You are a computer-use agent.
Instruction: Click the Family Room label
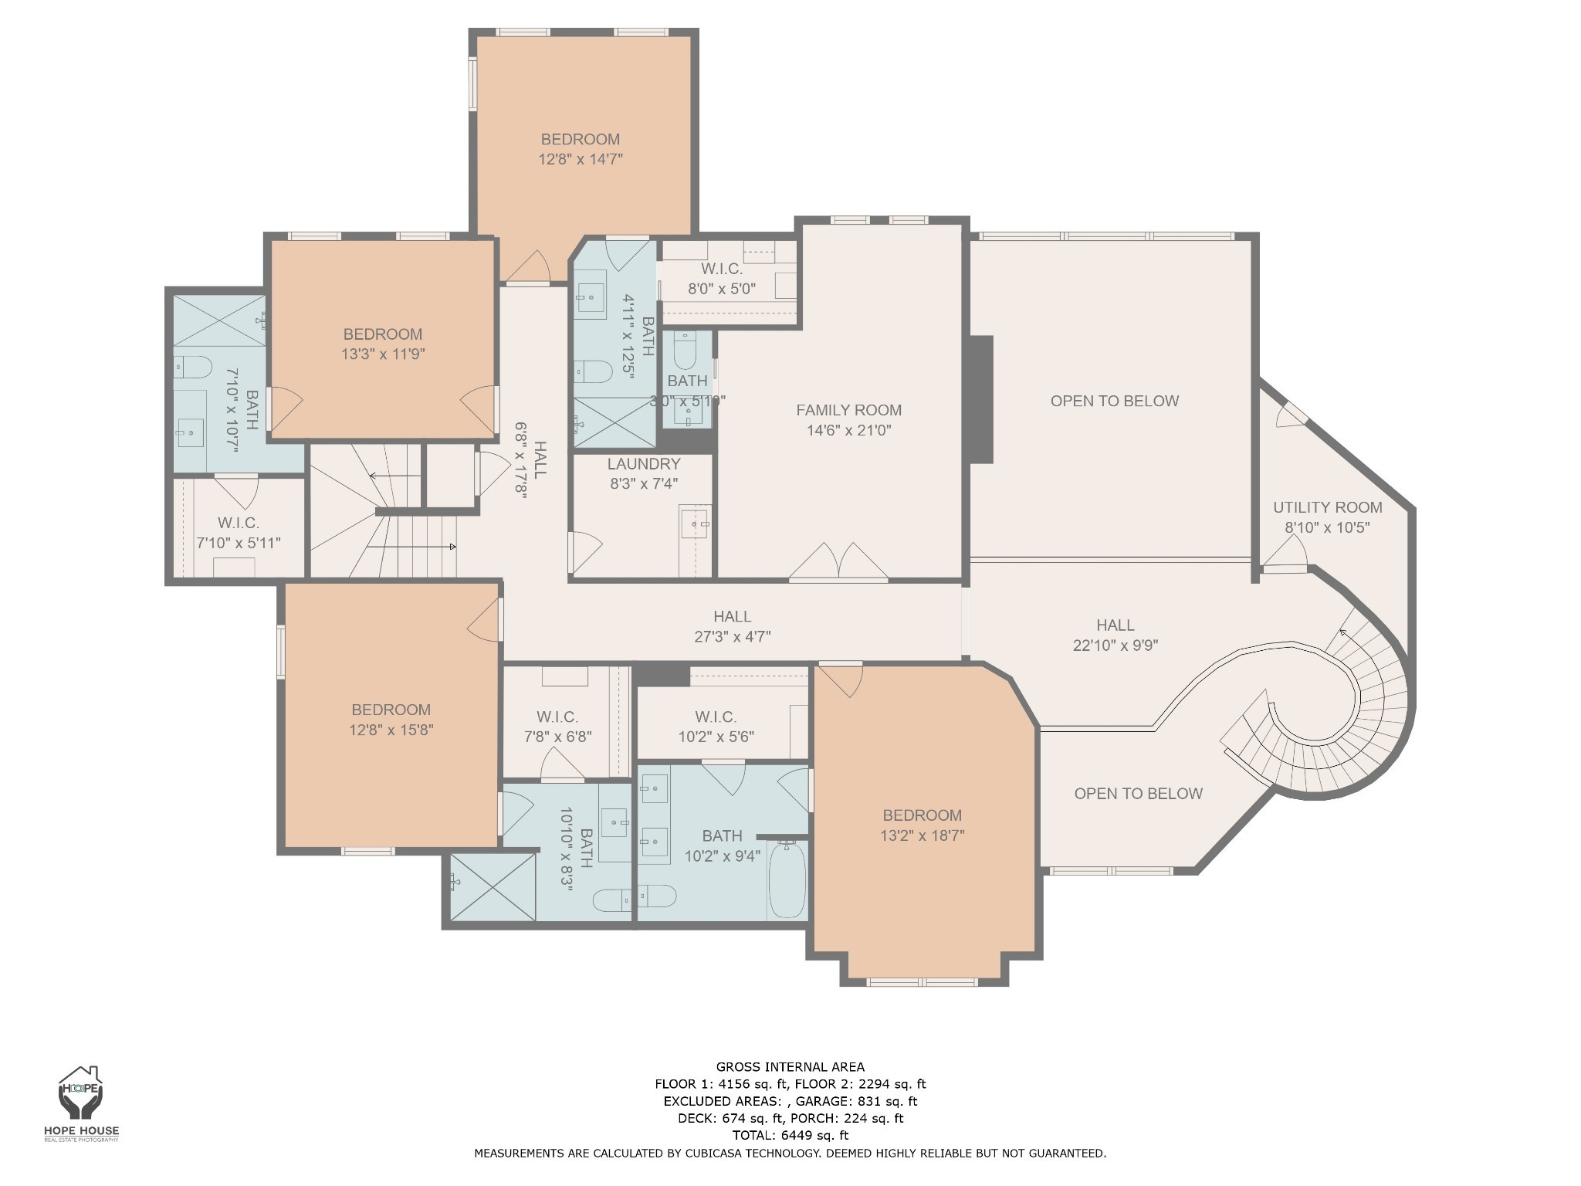pyautogui.click(x=849, y=410)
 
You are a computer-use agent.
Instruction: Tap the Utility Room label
pyautogui.click(x=1327, y=507)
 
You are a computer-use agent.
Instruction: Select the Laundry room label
pyautogui.click(x=644, y=464)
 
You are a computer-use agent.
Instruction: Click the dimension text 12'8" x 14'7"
pyautogui.click(x=581, y=159)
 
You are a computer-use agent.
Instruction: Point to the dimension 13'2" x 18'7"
pyautogui.click(x=923, y=835)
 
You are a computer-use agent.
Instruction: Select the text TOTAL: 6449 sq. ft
pyautogui.click(x=790, y=1135)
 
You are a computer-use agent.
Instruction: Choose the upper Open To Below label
pyautogui.click(x=1115, y=401)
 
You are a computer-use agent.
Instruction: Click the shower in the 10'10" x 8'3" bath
pyautogui.click(x=493, y=886)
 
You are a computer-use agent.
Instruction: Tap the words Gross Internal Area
pyautogui.click(x=790, y=1067)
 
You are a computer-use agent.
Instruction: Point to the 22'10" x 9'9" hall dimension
pyautogui.click(x=1116, y=646)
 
